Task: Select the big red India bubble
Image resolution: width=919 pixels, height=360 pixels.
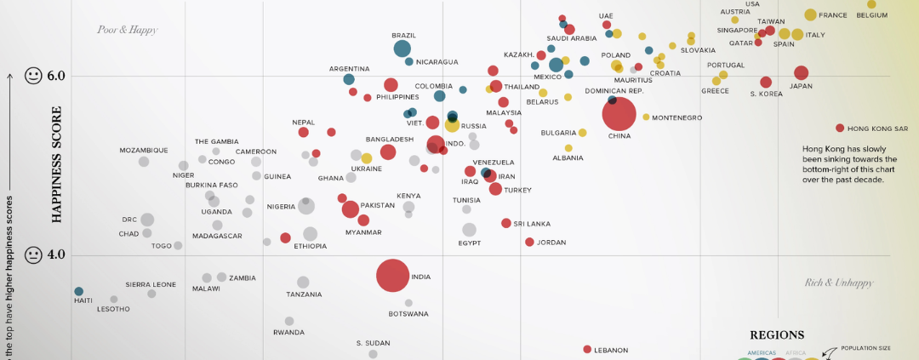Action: point(393,276)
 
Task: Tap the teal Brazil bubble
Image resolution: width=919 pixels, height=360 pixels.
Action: point(402,49)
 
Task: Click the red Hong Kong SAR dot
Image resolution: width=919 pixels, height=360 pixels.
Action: point(840,128)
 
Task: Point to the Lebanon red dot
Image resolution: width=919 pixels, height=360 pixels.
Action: point(587,349)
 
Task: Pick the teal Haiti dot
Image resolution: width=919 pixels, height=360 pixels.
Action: point(78,291)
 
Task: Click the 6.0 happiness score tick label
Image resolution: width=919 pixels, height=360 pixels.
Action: point(56,77)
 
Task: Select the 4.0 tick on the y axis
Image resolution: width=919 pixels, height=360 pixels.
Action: point(56,255)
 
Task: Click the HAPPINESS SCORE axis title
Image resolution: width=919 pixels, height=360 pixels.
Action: point(58,164)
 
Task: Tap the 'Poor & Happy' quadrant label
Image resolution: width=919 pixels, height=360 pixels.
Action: point(128,30)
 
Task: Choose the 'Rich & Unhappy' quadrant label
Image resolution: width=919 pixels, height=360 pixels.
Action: point(839,283)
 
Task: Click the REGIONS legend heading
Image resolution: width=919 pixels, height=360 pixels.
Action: point(777,335)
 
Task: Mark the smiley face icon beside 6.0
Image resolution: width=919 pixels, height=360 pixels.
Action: point(33,76)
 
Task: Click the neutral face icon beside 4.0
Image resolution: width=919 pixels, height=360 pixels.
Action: point(33,254)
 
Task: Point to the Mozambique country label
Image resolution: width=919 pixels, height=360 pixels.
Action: point(144,150)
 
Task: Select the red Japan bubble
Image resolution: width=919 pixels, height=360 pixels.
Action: point(801,73)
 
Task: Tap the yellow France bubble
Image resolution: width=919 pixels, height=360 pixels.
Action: point(810,14)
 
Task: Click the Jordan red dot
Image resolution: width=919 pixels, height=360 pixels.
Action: point(529,243)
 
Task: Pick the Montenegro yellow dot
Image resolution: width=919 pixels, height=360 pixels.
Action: point(646,117)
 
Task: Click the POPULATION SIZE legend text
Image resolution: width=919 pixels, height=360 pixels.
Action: point(865,347)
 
